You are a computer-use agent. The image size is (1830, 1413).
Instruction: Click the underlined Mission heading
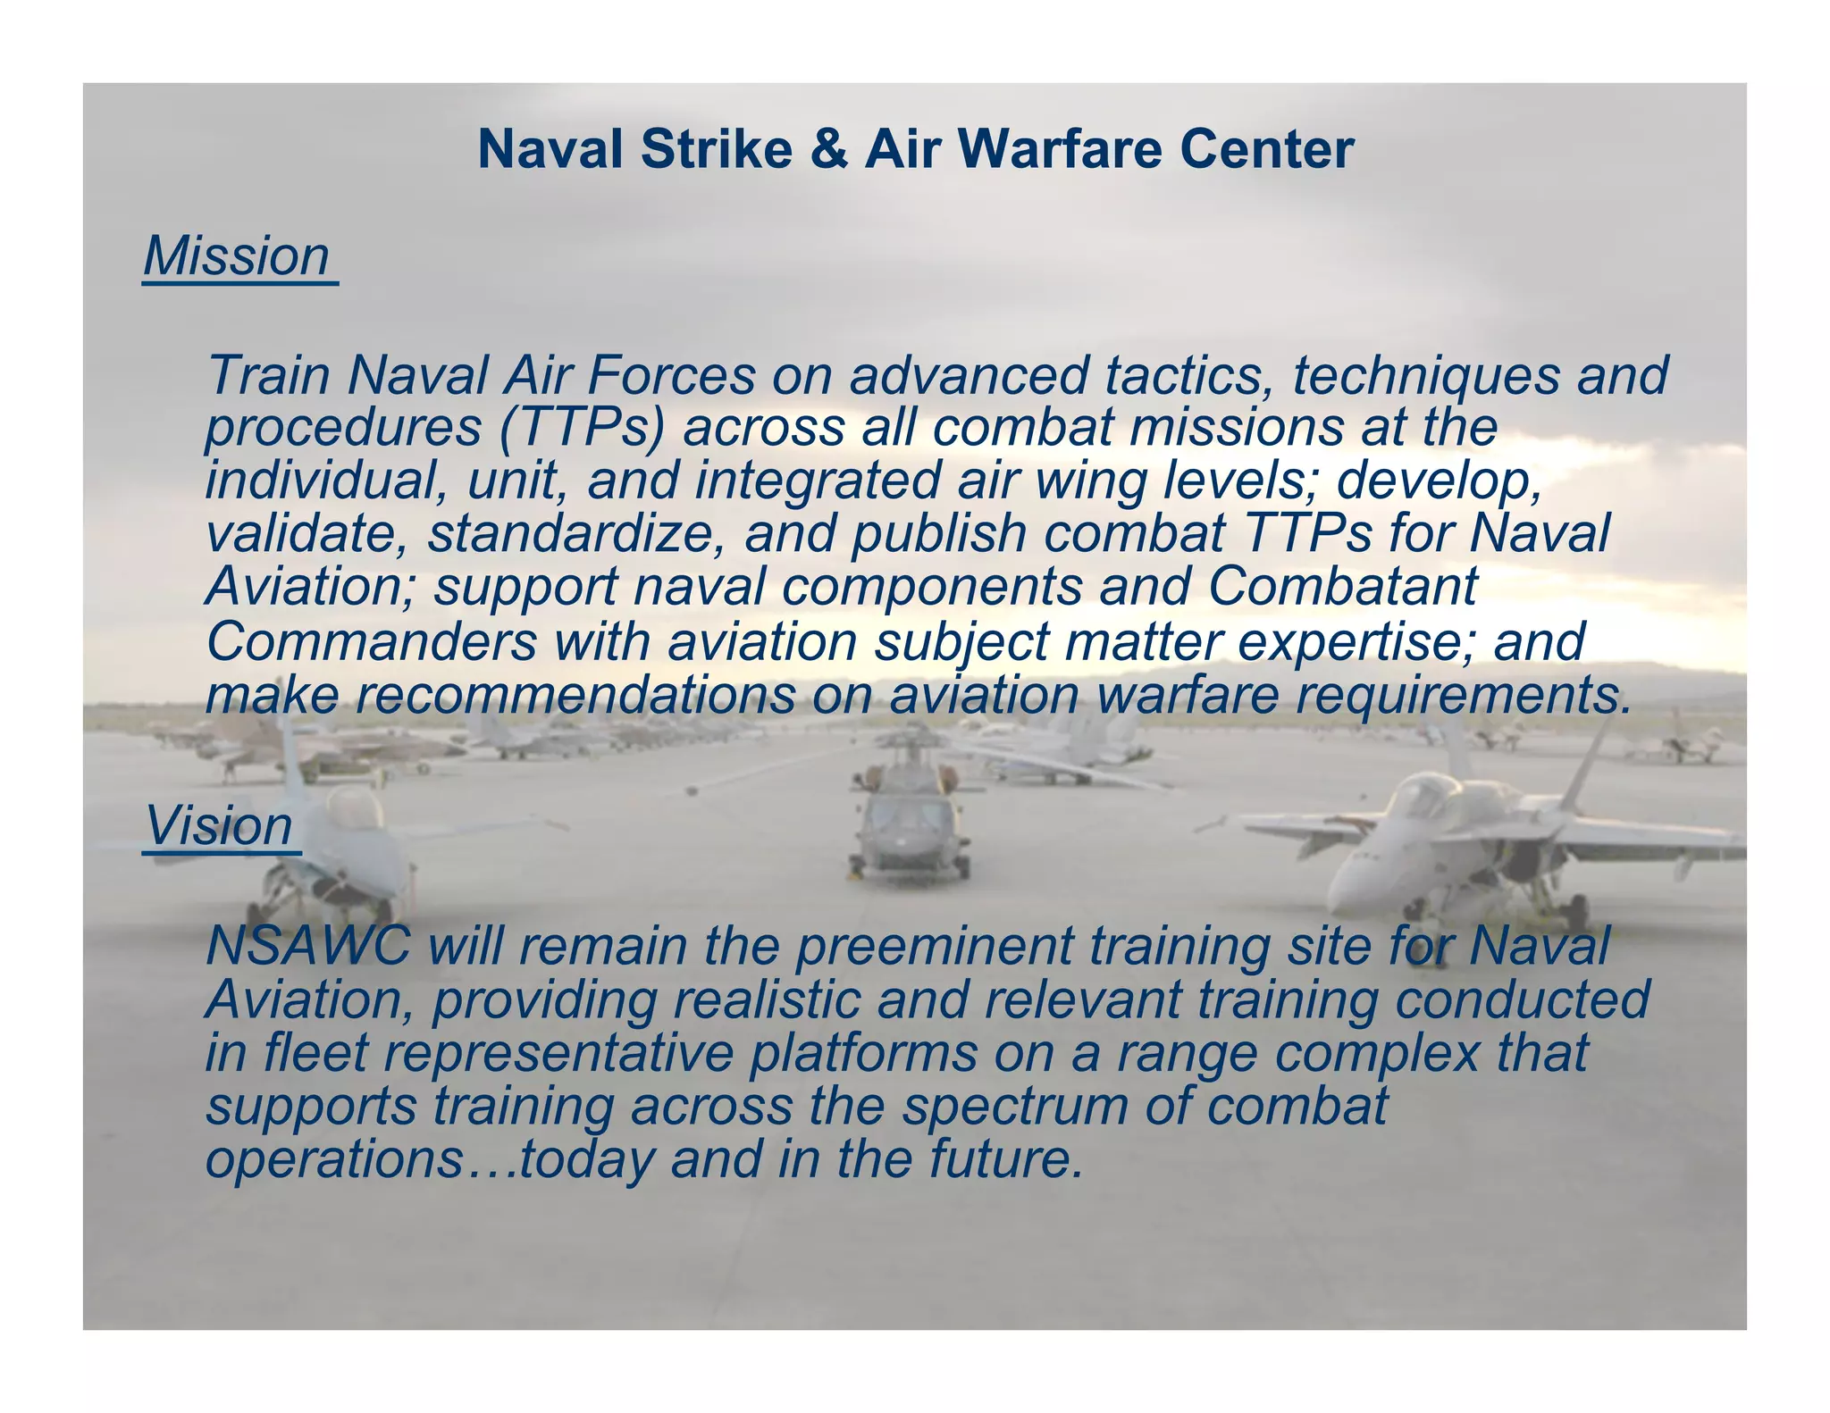point(238,257)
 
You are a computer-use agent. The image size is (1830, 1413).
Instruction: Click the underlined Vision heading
point(219,826)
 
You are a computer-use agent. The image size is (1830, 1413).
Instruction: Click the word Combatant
point(1342,587)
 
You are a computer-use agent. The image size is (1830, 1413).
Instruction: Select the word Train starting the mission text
point(268,375)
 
